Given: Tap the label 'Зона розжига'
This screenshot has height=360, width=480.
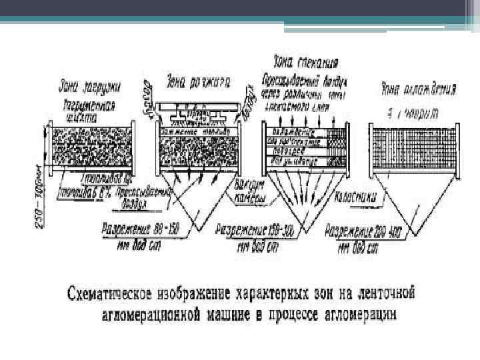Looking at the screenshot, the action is (x=199, y=83).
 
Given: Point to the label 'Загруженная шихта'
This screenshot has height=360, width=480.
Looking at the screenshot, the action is (x=89, y=110).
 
